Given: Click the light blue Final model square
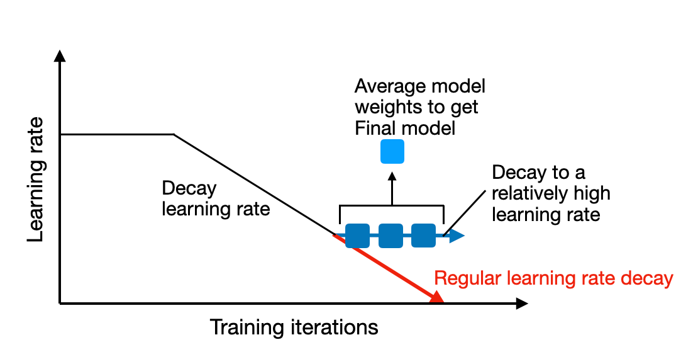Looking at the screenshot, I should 392,152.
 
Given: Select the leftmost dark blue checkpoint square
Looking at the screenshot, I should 357,236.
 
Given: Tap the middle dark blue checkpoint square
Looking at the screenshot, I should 391,236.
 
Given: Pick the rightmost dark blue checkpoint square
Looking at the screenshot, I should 423,236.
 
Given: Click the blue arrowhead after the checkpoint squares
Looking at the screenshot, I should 457,236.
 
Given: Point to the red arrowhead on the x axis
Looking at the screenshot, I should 436,298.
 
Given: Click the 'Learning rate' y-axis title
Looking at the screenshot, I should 36,179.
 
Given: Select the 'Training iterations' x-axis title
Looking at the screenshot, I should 294,327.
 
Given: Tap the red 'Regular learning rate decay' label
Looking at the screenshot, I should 553,278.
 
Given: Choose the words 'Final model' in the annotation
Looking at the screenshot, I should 405,128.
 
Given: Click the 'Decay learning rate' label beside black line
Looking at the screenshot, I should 216,198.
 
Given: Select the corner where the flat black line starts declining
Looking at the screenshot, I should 174,134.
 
